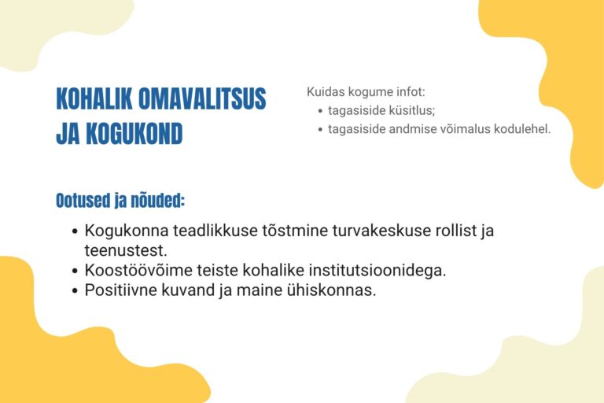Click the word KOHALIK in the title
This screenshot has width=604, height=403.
point(94,98)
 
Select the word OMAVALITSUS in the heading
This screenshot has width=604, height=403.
point(202,98)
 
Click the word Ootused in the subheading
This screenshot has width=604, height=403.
point(83,201)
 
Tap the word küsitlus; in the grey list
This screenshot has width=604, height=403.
point(412,110)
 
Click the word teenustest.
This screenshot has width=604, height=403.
point(126,250)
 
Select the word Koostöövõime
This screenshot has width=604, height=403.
point(138,270)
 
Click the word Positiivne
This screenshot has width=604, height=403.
point(120,290)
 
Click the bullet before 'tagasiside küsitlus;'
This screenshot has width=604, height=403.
point(320,111)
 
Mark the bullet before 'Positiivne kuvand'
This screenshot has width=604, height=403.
point(75,290)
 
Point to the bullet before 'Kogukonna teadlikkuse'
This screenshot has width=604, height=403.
point(75,231)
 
